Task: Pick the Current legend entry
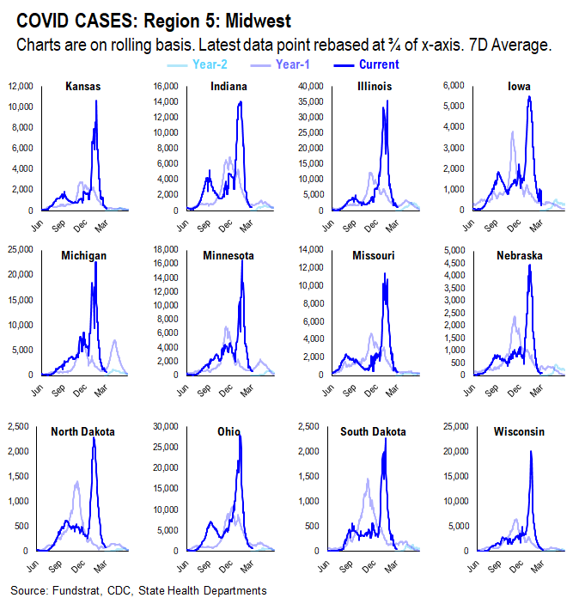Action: point(378,64)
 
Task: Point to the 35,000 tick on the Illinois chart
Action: point(307,101)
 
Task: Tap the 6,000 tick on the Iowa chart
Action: point(454,86)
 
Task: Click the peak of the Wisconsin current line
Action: point(531,452)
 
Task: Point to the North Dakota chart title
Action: point(82,431)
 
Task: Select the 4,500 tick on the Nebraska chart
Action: point(456,262)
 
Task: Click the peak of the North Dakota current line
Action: point(94,440)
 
